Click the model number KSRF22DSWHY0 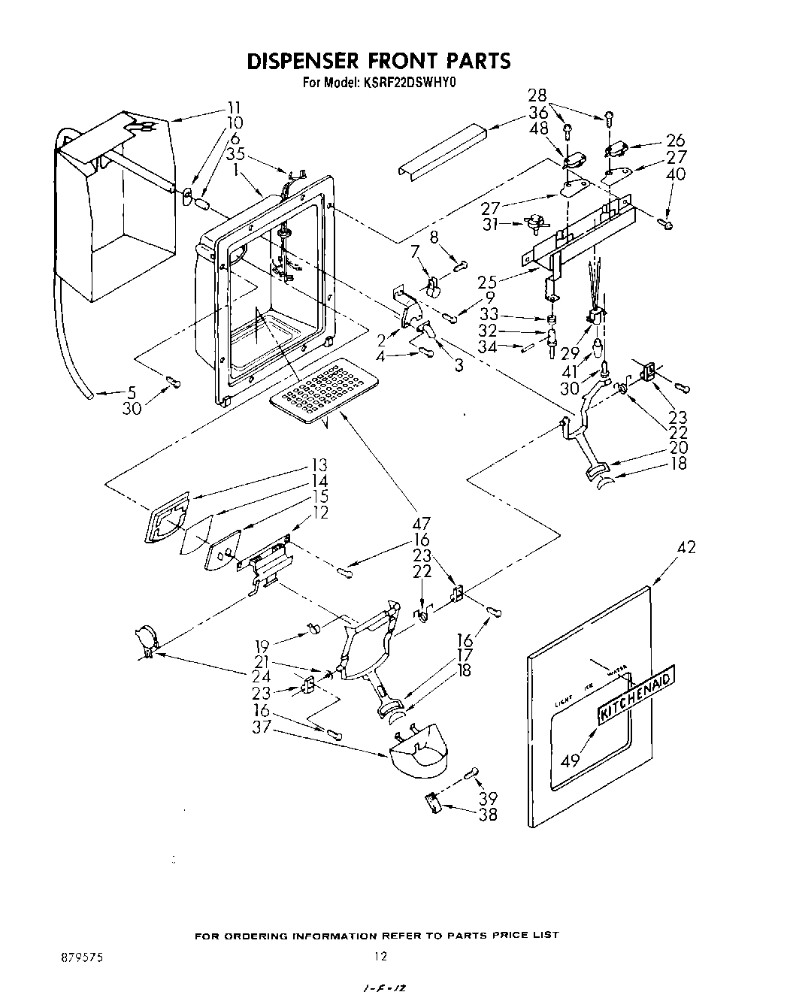click(x=410, y=84)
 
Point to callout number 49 click(x=571, y=761)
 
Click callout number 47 click(x=421, y=524)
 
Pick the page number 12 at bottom click(x=380, y=957)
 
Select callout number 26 click(x=675, y=141)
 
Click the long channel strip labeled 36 click(x=431, y=150)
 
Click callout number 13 click(x=319, y=465)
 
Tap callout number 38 click(x=488, y=815)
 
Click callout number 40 click(x=675, y=174)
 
